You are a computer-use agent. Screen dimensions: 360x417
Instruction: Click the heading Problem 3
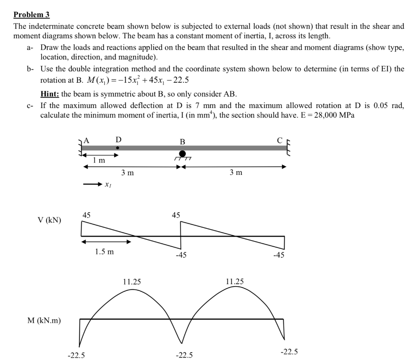(x=31, y=15)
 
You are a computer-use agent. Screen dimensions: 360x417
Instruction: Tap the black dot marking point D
(x=117, y=148)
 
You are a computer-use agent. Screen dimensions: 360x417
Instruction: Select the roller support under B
(x=182, y=154)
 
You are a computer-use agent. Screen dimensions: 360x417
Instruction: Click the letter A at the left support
(x=86, y=141)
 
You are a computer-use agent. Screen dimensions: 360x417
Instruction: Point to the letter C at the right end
(x=279, y=141)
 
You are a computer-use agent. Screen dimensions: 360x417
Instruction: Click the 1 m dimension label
(x=99, y=161)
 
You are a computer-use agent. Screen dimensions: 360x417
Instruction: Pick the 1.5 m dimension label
(x=104, y=252)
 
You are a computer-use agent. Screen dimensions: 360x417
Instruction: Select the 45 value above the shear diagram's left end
(x=87, y=215)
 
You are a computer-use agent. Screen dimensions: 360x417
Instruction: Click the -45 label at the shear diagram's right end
(x=279, y=256)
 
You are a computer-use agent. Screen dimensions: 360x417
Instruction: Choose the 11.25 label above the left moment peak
(x=132, y=281)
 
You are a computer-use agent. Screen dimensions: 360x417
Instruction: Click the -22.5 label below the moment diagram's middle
(x=184, y=355)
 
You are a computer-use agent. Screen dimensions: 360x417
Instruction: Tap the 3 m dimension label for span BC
(x=236, y=172)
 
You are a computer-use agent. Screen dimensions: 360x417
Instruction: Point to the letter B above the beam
(x=183, y=142)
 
